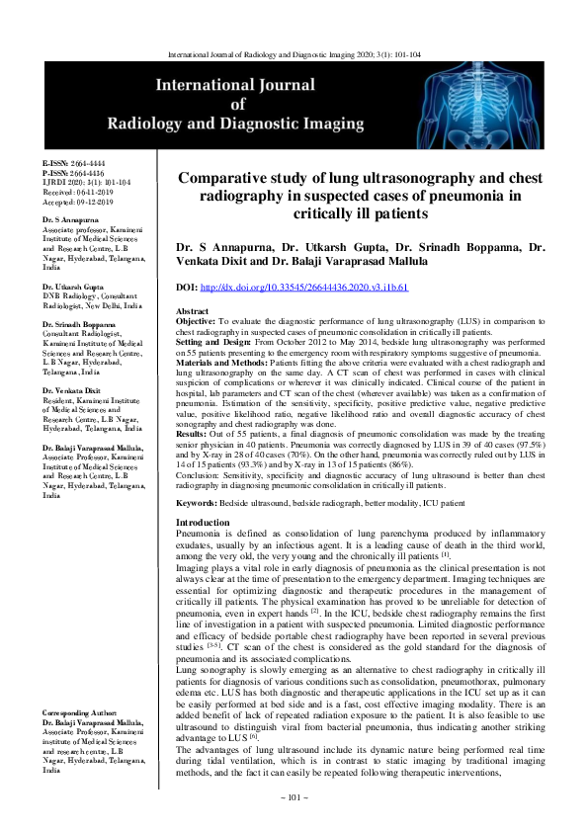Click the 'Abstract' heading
tap(191, 309)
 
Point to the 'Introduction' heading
tap(202, 522)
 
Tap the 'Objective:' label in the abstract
tap(197, 320)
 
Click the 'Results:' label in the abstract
tap(192, 432)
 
